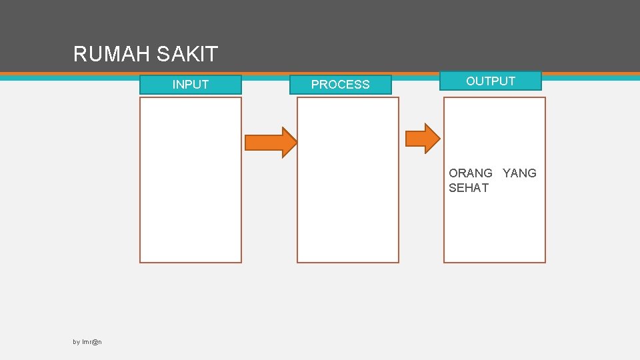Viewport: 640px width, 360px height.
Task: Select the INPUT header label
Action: click(191, 85)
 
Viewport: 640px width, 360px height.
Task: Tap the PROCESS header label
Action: click(340, 85)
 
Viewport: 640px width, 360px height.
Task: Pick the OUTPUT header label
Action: click(491, 81)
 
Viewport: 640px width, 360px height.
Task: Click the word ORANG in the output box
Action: click(471, 173)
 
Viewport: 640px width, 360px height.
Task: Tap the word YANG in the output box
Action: click(519, 173)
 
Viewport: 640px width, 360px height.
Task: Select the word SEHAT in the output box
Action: click(469, 188)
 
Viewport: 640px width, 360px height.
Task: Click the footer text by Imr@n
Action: click(87, 342)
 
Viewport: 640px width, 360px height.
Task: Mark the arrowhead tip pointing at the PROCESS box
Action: click(295, 142)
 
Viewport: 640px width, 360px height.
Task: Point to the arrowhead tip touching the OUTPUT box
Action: click(439, 138)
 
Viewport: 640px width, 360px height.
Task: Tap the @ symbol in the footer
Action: click(95, 342)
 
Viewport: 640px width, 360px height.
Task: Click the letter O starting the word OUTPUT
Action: click(471, 81)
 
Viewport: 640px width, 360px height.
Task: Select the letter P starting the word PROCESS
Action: click(315, 85)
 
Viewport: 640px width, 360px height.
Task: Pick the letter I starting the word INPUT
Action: click(174, 85)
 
